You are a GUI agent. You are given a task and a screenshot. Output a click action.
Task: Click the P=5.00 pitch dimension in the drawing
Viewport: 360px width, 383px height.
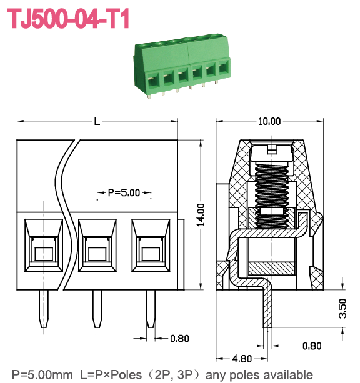(124, 192)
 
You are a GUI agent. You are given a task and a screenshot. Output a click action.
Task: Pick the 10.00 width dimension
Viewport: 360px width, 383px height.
(269, 121)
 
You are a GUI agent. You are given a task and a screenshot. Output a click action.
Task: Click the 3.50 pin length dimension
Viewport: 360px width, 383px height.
(343, 309)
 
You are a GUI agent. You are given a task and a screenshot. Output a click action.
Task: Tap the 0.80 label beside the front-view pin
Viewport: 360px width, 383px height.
(179, 339)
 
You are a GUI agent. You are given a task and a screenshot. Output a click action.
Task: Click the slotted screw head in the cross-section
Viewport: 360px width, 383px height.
(269, 152)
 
